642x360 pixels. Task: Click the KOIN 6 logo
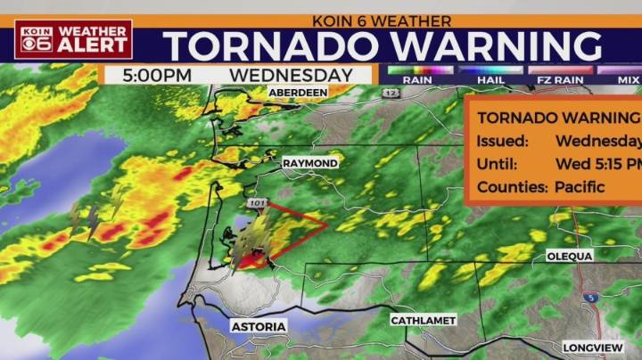[36, 39]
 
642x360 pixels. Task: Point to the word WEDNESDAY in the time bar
[291, 75]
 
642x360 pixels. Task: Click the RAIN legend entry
[416, 79]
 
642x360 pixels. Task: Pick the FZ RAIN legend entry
[560, 79]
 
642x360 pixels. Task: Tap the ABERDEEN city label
[299, 91]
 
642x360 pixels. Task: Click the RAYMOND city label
[310, 164]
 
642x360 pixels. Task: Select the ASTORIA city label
[259, 327]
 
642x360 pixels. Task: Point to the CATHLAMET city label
[424, 320]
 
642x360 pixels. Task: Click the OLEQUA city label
[570, 256]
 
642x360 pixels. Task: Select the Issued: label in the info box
[502, 141]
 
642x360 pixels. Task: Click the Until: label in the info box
[497, 164]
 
